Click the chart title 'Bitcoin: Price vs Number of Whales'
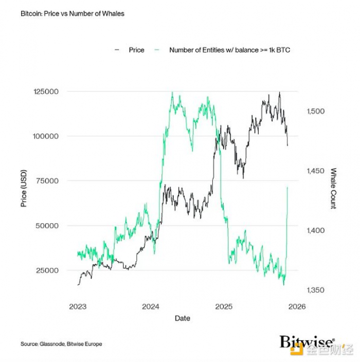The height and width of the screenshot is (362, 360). coord(73,13)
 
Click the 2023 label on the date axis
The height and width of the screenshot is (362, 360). coord(78,307)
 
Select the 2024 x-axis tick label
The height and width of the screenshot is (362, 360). coord(151,307)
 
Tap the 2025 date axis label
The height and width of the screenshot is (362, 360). coord(224,307)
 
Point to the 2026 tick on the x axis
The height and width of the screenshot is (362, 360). coord(297,307)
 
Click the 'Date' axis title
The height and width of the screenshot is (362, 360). coord(182,318)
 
